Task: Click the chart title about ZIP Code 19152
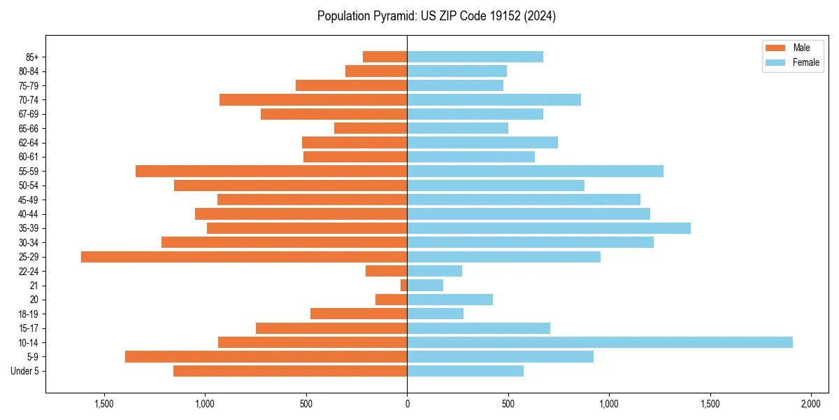click(436, 16)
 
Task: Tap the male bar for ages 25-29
click(244, 257)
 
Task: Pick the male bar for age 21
click(404, 286)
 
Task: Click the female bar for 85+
click(475, 57)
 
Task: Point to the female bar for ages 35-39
click(549, 228)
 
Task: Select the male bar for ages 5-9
click(266, 357)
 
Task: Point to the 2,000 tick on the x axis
click(810, 405)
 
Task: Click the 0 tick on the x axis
click(407, 405)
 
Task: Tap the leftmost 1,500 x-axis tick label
click(103, 405)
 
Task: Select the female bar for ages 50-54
click(496, 185)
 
